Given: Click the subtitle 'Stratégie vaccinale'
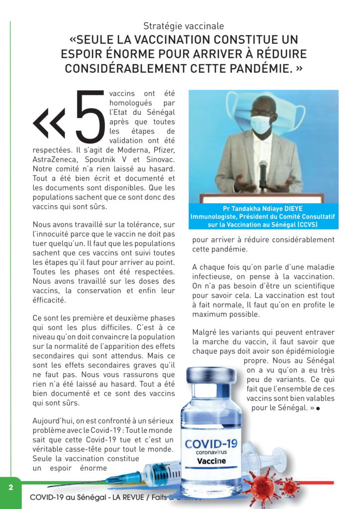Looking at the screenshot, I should pos(183,26).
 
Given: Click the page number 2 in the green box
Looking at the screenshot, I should pos(10,487).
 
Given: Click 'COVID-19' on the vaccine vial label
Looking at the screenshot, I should pos(211,443).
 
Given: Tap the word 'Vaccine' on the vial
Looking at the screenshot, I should pos(211,461).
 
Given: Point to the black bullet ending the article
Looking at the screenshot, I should pos(317,408).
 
